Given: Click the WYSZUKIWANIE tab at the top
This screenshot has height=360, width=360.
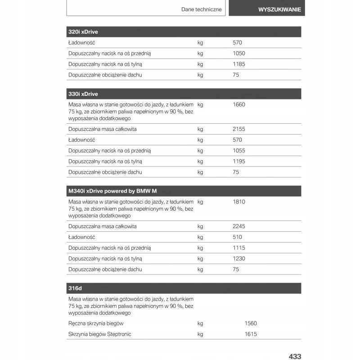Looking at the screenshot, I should [273, 9].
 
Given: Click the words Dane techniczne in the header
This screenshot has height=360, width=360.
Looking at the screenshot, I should [201, 9].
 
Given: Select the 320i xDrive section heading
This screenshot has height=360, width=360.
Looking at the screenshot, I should [83, 32].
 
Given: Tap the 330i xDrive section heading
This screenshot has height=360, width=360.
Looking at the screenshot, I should [83, 94].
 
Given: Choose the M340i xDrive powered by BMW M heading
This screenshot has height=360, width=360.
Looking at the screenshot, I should [112, 191].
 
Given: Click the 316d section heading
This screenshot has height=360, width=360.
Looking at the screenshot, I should [75, 288].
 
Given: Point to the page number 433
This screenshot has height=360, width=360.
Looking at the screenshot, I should [294, 356].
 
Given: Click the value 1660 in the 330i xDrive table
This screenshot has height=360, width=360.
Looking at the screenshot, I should [239, 105].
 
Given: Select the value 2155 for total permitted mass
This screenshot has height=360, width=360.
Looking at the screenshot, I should [239, 129].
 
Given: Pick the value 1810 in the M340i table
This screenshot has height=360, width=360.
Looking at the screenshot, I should [239, 202].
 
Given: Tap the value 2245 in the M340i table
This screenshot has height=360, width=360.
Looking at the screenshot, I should [239, 226].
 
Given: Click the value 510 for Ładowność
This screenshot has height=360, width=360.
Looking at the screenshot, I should [238, 237].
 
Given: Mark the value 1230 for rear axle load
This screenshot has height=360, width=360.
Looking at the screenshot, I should [239, 259].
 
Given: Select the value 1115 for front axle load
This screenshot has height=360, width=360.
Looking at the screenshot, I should [239, 248].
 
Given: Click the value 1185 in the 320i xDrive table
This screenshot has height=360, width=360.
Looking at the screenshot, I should [239, 64].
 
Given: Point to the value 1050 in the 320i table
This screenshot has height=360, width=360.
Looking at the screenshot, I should [239, 54].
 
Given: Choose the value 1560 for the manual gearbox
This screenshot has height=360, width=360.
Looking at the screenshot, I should [251, 324].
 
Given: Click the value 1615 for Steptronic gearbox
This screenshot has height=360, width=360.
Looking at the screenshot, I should [251, 334].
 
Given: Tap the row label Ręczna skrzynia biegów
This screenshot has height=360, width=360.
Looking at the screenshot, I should [96, 324].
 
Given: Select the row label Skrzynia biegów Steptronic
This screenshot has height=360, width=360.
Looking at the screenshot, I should [100, 334].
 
